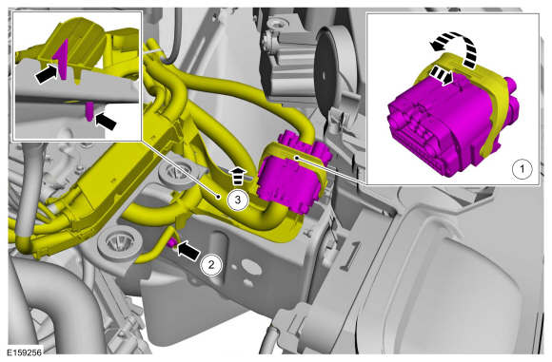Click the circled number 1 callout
522,169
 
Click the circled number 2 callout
211,264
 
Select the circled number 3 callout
238,200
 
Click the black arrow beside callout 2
187,251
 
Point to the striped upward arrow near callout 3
238,176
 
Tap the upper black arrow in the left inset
48,72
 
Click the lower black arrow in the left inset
106,121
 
